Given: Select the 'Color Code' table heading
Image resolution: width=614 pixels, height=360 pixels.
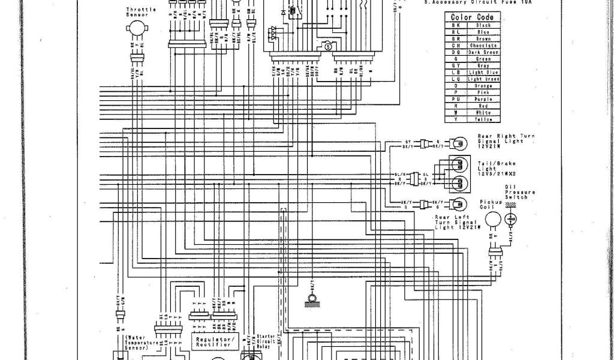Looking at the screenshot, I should [x=472, y=17].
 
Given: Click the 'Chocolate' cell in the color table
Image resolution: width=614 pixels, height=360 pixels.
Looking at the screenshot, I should [x=483, y=46].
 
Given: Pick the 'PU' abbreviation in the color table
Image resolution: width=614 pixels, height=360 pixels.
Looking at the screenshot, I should [x=456, y=99].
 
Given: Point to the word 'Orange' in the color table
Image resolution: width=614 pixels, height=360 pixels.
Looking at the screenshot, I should [x=483, y=86].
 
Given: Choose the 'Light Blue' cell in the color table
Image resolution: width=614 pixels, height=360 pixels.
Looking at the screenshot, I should [x=483, y=72].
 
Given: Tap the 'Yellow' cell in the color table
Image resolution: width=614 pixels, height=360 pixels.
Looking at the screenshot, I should [x=483, y=119].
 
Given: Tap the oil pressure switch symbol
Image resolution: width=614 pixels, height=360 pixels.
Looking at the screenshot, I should [x=511, y=219].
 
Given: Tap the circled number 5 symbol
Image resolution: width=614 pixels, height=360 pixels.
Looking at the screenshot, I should [x=327, y=46].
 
